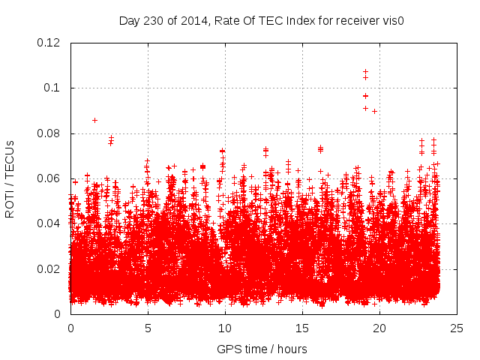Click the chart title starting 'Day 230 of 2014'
click(262, 20)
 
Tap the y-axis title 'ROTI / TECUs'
click(10, 178)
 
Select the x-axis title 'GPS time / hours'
click(262, 349)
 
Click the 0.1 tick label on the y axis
click(53, 88)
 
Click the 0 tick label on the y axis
click(58, 314)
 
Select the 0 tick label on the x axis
click(70, 328)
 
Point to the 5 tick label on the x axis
click(148, 328)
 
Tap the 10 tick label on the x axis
click(225, 328)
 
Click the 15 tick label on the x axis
click(302, 328)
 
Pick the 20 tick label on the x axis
click(379, 328)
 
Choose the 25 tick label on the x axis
click(456, 328)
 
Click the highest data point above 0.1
click(365, 72)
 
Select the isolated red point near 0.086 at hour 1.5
click(94, 120)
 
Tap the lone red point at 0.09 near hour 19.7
click(374, 111)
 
